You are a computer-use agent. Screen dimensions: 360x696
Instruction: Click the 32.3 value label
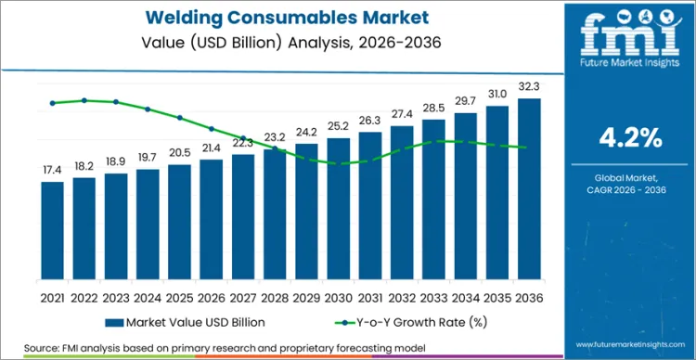(x=529, y=87)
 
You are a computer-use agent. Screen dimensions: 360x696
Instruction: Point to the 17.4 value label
(x=53, y=171)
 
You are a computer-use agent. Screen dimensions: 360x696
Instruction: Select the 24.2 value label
(x=307, y=132)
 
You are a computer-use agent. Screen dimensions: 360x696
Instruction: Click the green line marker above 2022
(x=84, y=100)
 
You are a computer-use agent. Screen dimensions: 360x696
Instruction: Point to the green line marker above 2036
(x=529, y=147)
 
